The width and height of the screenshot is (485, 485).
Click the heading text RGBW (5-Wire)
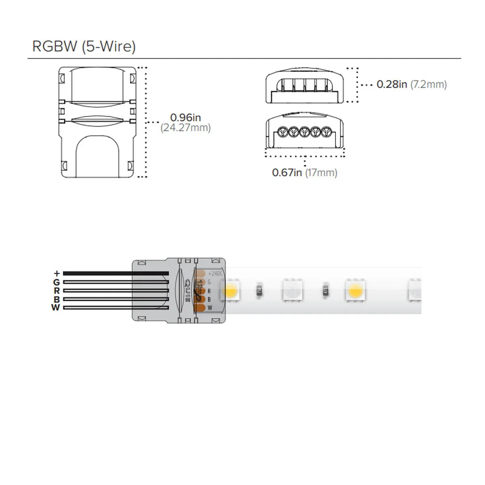[84, 46]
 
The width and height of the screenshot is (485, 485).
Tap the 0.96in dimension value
[186, 118]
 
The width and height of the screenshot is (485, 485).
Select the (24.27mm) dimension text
[186, 128]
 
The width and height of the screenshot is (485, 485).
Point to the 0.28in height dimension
[392, 84]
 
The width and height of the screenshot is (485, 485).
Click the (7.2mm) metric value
[428, 84]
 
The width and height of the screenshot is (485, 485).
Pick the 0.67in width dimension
[287, 173]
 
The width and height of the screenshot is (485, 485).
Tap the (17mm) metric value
[321, 173]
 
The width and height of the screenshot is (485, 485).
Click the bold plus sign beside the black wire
[57, 274]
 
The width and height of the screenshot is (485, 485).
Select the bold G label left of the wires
[57, 282]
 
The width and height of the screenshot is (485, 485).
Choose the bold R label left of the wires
[57, 291]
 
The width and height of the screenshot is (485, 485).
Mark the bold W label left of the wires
[56, 308]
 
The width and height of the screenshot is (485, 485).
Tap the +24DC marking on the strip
[215, 274]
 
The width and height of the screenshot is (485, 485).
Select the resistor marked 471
[325, 291]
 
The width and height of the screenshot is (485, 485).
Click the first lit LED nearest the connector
[230, 291]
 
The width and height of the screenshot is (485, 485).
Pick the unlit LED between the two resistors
[292, 291]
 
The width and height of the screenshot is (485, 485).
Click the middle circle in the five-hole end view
[305, 132]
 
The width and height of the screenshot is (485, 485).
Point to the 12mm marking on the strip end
[200, 290]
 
